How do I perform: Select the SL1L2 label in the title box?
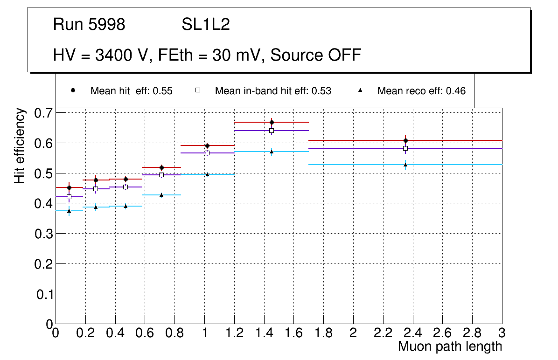point(205,25)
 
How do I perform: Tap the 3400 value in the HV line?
point(113,55)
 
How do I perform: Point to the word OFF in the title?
point(344,55)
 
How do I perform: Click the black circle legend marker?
point(73,90)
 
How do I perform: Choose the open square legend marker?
point(197,90)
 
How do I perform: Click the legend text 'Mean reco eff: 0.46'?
point(421,91)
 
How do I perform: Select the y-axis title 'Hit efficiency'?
point(20,145)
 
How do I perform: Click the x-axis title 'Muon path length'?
point(450,346)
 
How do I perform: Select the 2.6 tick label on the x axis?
point(442,334)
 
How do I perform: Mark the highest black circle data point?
point(272,122)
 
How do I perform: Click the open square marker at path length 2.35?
point(405,148)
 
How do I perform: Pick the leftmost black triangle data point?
point(69,211)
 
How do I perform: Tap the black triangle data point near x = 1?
point(207,174)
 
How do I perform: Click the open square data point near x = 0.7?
point(161,175)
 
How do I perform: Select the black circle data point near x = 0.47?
point(126,179)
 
